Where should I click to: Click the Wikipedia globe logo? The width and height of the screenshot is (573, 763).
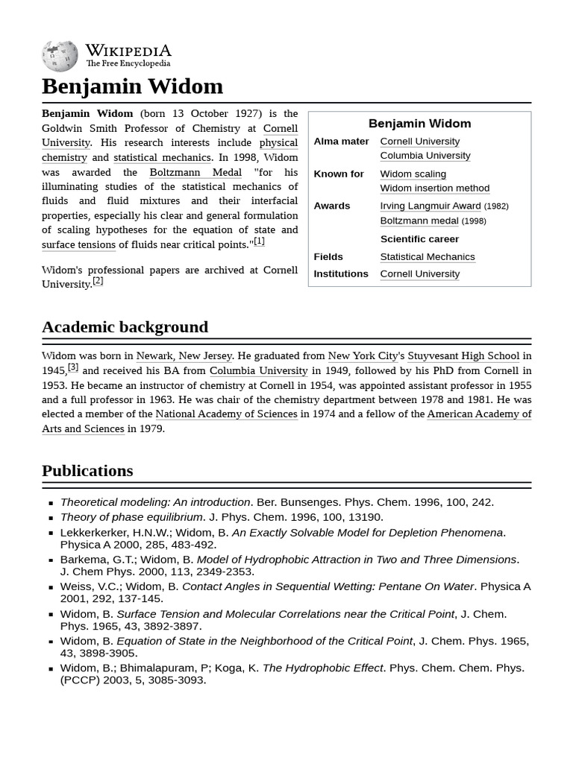(60, 56)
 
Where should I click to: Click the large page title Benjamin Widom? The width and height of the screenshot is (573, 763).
(132, 86)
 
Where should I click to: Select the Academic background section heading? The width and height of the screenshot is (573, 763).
(125, 327)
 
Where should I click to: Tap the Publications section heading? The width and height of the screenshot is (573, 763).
(87, 471)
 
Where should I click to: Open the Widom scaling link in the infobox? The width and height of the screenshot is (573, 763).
(413, 174)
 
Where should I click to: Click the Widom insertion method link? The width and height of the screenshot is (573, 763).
(434, 189)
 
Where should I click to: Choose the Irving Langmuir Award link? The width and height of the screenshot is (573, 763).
(430, 206)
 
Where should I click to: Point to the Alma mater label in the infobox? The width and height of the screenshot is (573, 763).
(341, 142)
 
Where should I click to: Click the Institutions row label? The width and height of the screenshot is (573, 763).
(340, 273)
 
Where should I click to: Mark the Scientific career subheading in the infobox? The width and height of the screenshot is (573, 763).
(419, 239)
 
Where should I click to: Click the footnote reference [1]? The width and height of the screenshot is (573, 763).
(259, 241)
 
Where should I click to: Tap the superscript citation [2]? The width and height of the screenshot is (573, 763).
(98, 281)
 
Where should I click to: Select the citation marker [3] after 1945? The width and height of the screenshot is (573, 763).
(73, 367)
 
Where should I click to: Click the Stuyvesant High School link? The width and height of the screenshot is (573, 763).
(463, 356)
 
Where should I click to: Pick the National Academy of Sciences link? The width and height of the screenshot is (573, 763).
(226, 414)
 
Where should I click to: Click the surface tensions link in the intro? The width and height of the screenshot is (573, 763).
(78, 244)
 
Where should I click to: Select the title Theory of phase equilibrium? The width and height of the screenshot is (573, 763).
(131, 517)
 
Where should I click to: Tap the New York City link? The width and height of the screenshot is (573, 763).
(363, 356)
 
